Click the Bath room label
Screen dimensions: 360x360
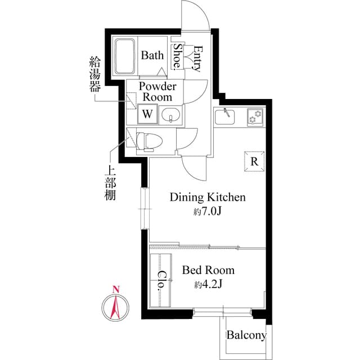[152, 56]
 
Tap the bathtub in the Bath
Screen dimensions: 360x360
[126, 56]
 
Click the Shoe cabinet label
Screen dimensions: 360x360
[178, 57]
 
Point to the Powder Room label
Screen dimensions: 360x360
[157, 92]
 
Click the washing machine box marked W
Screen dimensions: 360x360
[147, 114]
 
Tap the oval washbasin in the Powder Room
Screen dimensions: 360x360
[171, 116]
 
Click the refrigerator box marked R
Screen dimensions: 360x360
[254, 161]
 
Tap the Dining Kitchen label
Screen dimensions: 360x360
[208, 197]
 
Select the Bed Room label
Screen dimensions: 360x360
[208, 271]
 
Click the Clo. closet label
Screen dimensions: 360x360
[161, 280]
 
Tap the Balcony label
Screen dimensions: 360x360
[246, 336]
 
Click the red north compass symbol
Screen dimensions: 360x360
[115, 306]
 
